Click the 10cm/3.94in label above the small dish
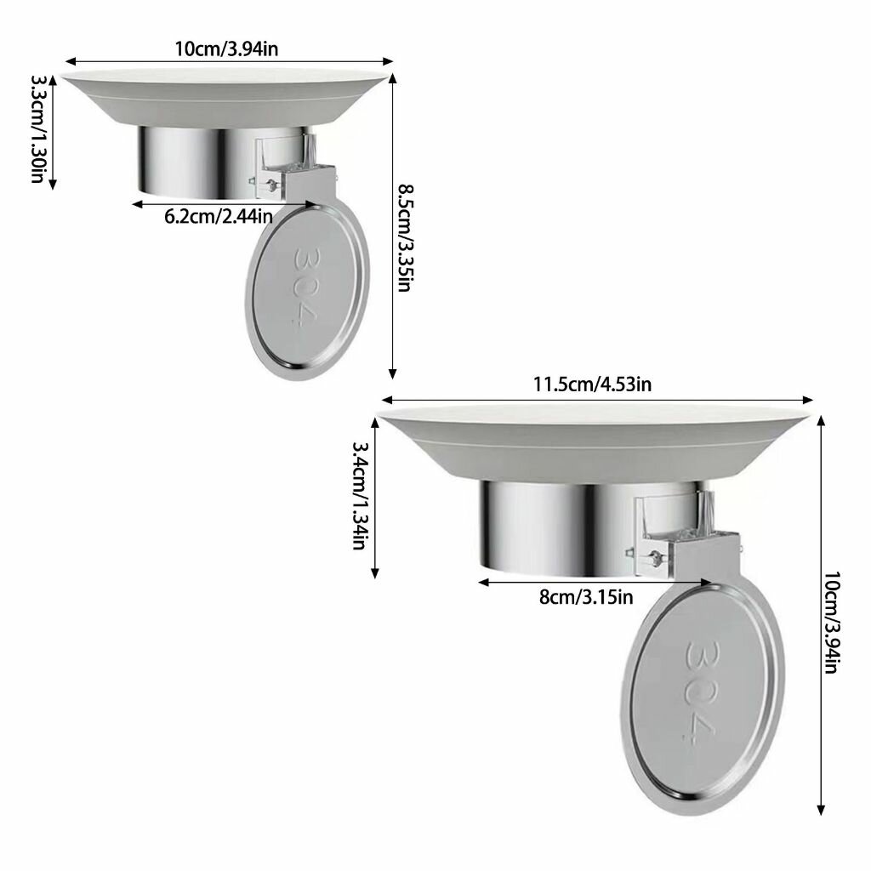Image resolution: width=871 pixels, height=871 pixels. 226,48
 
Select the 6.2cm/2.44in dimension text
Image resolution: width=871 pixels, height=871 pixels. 219,216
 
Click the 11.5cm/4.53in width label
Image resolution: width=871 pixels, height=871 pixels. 593,384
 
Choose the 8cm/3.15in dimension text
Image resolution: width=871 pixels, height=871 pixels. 586,597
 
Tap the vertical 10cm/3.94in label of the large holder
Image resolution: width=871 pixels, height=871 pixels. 832,622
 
